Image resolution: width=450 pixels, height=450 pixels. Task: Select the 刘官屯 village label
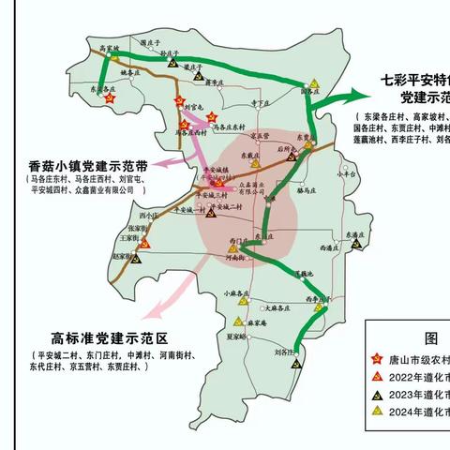pyautogui.click(x=195, y=107)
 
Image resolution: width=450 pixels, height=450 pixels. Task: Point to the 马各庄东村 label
pyautogui.click(x=229, y=126)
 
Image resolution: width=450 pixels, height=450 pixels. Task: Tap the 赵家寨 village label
pyautogui.click(x=124, y=255)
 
